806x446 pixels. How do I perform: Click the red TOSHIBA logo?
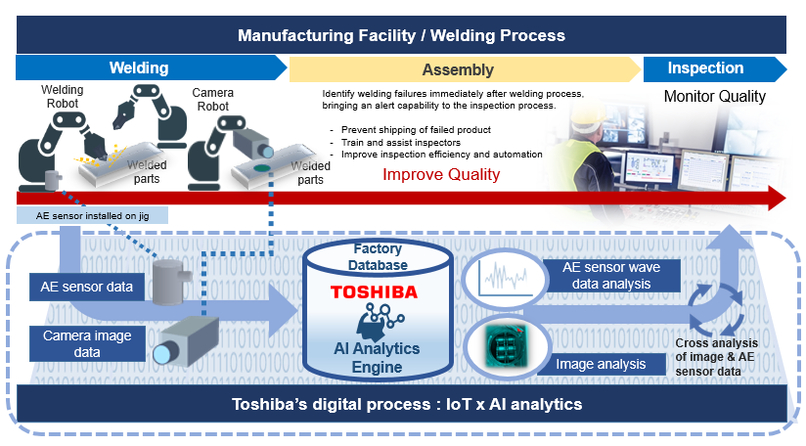pos(374,291)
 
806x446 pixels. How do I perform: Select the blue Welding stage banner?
pos(151,67)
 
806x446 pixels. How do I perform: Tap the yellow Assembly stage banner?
pos(465,69)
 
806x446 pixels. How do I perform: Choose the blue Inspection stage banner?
pos(714,68)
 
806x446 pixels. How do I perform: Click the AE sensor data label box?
pos(87,287)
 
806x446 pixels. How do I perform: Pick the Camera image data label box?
pos(87,343)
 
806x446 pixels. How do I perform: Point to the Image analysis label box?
pos(601,364)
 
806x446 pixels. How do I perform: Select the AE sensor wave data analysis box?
pos(611,276)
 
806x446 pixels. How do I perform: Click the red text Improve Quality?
pos(441,175)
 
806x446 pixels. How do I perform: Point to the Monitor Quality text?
pos(714,96)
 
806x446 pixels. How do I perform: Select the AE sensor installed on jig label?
pos(93,216)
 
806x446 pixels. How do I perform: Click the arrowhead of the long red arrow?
pos(777,199)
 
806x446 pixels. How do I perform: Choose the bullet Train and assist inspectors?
pos(401,143)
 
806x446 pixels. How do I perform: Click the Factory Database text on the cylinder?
pos(378,257)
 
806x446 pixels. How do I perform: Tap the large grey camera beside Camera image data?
pos(186,340)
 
